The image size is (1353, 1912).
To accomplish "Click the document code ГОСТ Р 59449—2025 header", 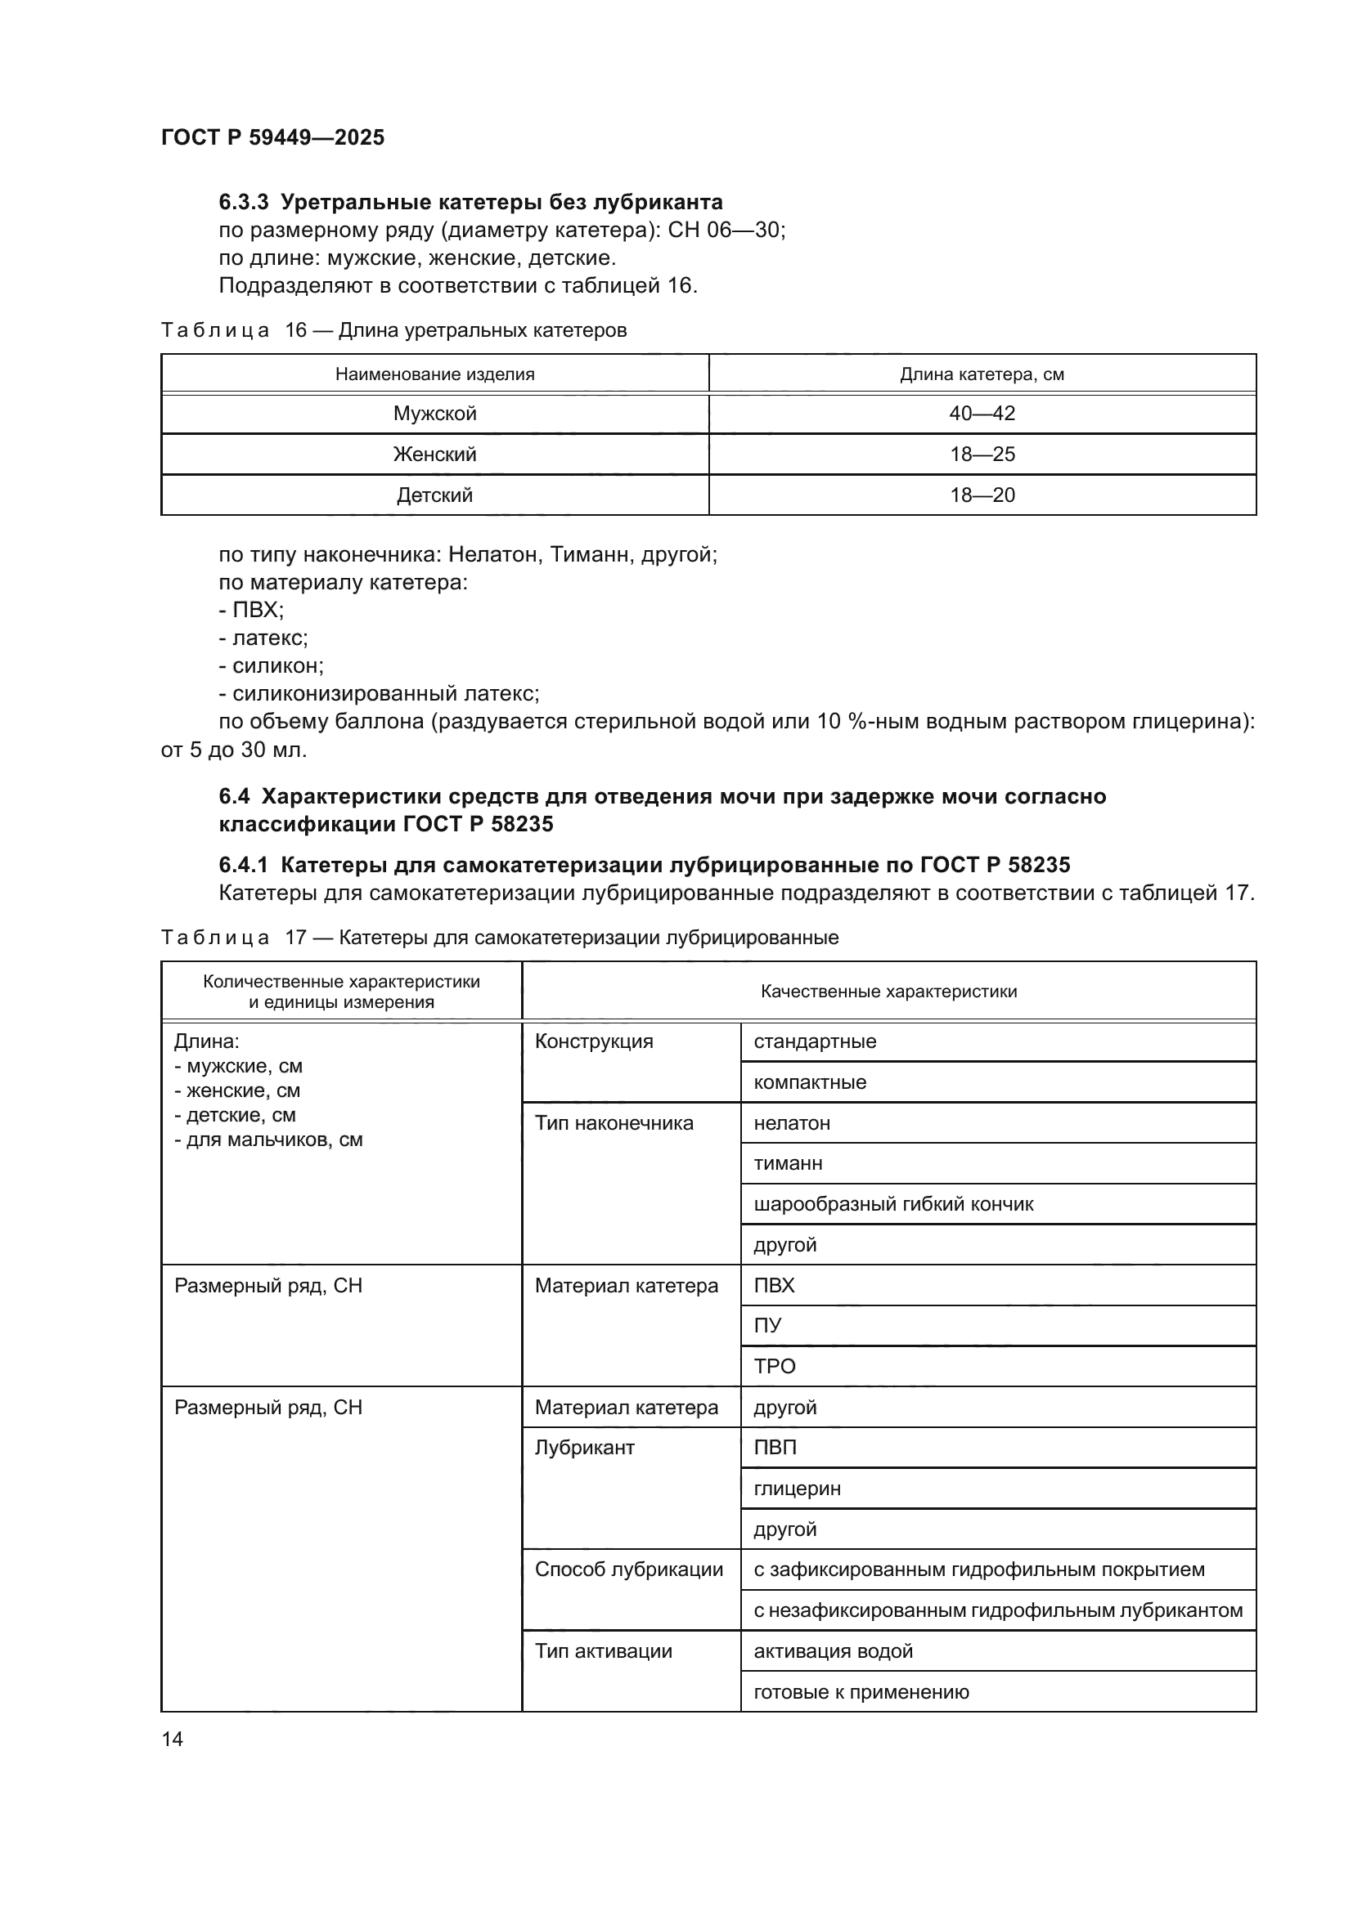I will click(x=272, y=137).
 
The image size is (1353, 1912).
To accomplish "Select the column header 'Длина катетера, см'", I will click(x=982, y=374).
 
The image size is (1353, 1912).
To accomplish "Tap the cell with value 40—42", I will click(x=982, y=414).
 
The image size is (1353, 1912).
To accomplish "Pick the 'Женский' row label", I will click(x=435, y=454).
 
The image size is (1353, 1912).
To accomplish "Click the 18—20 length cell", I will click(x=982, y=495).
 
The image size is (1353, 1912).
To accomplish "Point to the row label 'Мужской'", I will click(x=435, y=414).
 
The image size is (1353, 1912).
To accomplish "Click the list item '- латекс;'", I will click(x=263, y=638).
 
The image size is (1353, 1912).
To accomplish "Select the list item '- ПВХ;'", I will click(x=252, y=611).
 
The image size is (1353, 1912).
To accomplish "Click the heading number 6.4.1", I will click(x=243, y=865).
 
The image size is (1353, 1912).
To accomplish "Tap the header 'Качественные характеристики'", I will click(x=888, y=992).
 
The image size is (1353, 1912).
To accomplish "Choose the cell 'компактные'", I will click(x=810, y=1082).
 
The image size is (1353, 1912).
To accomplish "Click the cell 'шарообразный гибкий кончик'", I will click(x=893, y=1204).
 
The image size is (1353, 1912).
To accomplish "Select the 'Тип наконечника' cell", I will click(x=614, y=1123).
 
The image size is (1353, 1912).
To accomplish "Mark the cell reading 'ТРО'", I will click(x=775, y=1367).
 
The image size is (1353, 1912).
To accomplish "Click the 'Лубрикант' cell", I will click(x=585, y=1448).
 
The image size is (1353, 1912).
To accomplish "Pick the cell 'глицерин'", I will click(x=798, y=1488).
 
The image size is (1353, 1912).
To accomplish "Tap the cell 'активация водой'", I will click(x=833, y=1651).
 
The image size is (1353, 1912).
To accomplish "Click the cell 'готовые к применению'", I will click(x=861, y=1692).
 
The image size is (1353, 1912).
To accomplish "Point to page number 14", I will click(x=173, y=1739).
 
